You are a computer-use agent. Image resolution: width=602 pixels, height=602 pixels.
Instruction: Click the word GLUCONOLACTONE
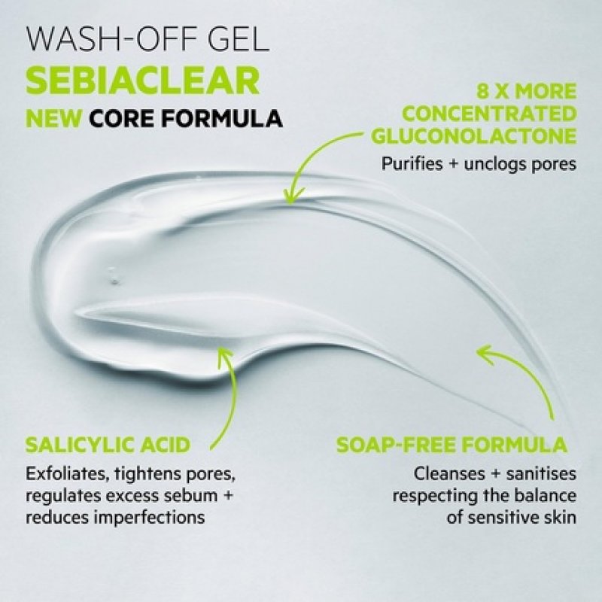click(x=474, y=136)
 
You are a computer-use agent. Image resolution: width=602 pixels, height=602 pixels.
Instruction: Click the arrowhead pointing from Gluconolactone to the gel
click(x=289, y=197)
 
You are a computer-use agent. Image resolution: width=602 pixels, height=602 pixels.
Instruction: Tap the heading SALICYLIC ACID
click(x=106, y=443)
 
